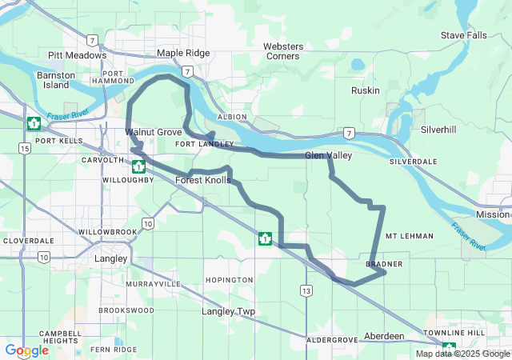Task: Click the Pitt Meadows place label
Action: [77, 55]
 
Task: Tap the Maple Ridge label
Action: [183, 53]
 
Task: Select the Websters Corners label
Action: [282, 51]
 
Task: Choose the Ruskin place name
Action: [365, 90]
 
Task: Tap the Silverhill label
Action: [438, 129]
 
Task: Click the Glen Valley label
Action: [328, 155]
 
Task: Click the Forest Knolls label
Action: [203, 181]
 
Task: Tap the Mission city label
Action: [492, 214]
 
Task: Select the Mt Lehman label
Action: [409, 236]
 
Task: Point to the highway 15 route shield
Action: [26, 148]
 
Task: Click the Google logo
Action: [26, 350]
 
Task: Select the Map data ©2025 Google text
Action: [462, 354]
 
